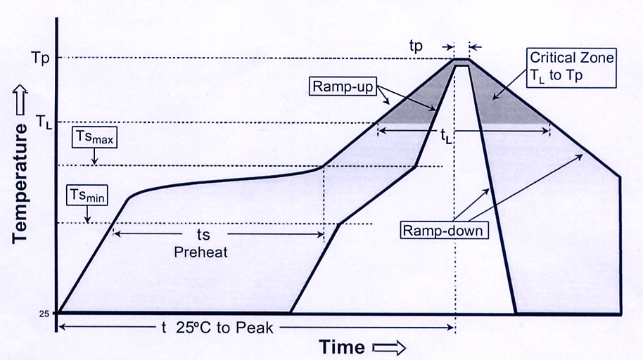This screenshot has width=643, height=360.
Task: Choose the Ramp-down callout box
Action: click(x=444, y=230)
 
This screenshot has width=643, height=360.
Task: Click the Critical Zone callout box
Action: click(x=573, y=65)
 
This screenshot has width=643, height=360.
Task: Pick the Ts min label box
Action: click(x=87, y=195)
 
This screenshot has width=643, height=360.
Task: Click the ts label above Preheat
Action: click(x=203, y=233)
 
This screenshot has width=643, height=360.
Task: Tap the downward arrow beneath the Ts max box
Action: click(x=94, y=158)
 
